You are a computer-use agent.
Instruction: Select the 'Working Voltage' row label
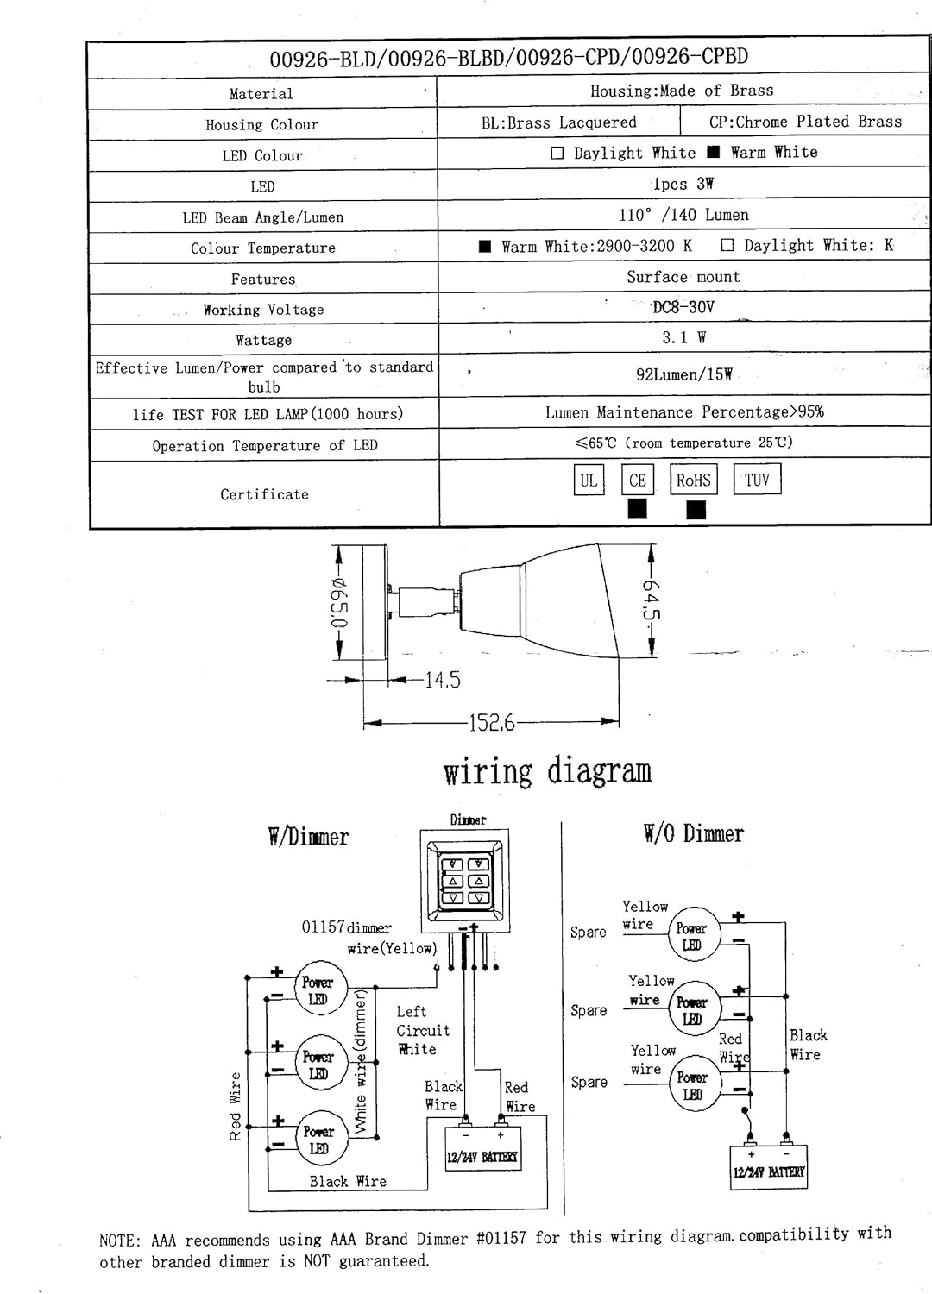tap(263, 310)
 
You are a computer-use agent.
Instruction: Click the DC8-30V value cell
tap(683, 307)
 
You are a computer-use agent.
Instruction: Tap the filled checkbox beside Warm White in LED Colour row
tap(714, 152)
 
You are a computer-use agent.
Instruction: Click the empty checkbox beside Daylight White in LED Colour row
tap(557, 153)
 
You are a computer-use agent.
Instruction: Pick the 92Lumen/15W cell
tap(684, 374)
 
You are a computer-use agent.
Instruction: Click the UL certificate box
tap(589, 480)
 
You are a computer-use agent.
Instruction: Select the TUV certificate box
tap(757, 479)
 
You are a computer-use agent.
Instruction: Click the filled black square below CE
tap(638, 509)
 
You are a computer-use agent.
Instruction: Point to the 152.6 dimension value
tap(491, 723)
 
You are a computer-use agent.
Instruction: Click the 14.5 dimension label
tap(443, 680)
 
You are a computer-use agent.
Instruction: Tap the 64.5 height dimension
tap(652, 600)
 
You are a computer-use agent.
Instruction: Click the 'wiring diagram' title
tap(547, 771)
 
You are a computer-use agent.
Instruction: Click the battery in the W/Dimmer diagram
tap(483, 1149)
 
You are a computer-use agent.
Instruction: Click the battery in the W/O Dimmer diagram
tap(769, 1167)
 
